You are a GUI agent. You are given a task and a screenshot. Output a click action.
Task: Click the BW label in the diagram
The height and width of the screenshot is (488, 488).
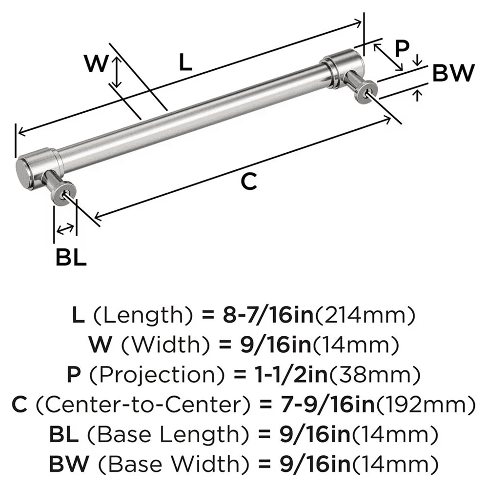(453, 74)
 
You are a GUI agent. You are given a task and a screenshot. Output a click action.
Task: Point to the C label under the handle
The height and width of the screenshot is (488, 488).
(248, 182)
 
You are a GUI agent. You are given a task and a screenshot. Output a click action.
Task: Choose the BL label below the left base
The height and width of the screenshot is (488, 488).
(70, 257)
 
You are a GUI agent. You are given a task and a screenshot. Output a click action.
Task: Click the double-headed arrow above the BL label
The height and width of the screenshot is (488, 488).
(65, 228)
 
